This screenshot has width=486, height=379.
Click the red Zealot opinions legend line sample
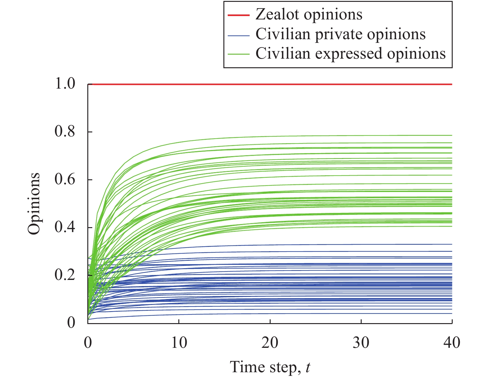tap(238, 15)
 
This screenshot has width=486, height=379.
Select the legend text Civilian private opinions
tap(340, 34)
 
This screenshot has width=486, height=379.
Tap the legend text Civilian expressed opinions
tap(351, 53)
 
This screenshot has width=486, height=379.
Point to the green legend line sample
tap(238, 54)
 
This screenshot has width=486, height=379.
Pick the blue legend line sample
tap(238, 35)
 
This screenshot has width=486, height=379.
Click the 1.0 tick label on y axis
tap(65, 84)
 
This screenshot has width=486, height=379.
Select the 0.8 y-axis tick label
tap(65, 132)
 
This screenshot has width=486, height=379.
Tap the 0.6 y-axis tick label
tap(65, 180)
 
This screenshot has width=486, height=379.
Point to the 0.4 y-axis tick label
tap(65, 227)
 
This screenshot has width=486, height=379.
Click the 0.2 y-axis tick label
tap(65, 275)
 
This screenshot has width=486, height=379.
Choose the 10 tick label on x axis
tap(179, 343)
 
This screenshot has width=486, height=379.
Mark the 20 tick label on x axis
tap(270, 343)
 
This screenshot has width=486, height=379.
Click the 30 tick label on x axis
tap(361, 343)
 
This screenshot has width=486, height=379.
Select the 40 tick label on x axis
tap(452, 343)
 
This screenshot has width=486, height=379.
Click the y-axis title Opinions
tap(34, 204)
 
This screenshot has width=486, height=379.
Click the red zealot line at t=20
tap(270, 84)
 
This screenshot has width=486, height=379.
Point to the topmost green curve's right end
tap(451, 135)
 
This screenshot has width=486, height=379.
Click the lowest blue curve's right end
tap(451, 314)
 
